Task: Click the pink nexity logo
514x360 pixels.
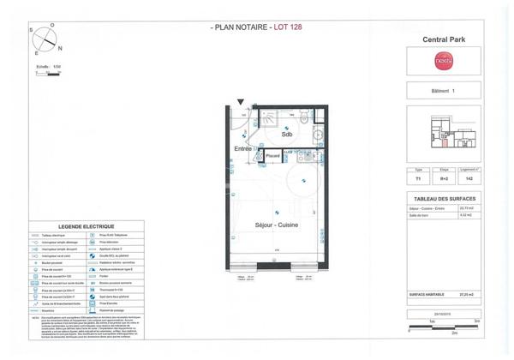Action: pos(443,62)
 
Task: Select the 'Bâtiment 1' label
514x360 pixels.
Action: pos(443,90)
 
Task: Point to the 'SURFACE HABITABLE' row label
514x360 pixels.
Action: pos(428,294)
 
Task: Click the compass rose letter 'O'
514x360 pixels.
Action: pos(53,25)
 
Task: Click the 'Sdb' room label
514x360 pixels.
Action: pos(286,135)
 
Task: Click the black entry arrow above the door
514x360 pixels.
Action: pos(241,102)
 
